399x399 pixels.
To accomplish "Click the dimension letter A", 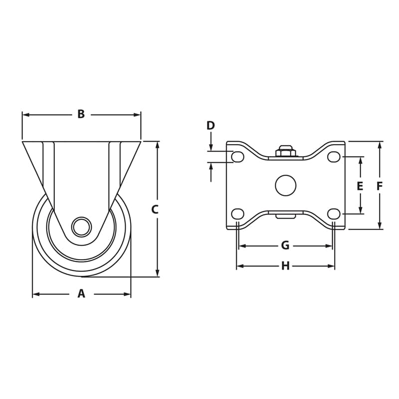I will [81, 294].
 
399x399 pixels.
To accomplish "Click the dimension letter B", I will [81, 115].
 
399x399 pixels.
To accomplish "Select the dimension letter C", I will [155, 210].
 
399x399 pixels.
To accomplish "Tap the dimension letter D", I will [210, 126].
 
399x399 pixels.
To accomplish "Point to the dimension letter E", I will [360, 187].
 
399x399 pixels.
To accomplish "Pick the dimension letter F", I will [380, 187].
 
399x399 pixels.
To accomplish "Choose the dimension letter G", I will [285, 245].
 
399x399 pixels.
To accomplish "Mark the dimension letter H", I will [285, 266].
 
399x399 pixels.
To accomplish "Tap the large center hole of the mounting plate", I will [285, 186].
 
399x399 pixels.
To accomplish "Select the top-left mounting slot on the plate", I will [238, 157].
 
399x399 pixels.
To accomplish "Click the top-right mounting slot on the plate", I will [334, 157].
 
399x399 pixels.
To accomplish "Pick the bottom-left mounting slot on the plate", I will [238, 214].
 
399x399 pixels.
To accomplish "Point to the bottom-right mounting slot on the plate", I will [334, 214].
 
